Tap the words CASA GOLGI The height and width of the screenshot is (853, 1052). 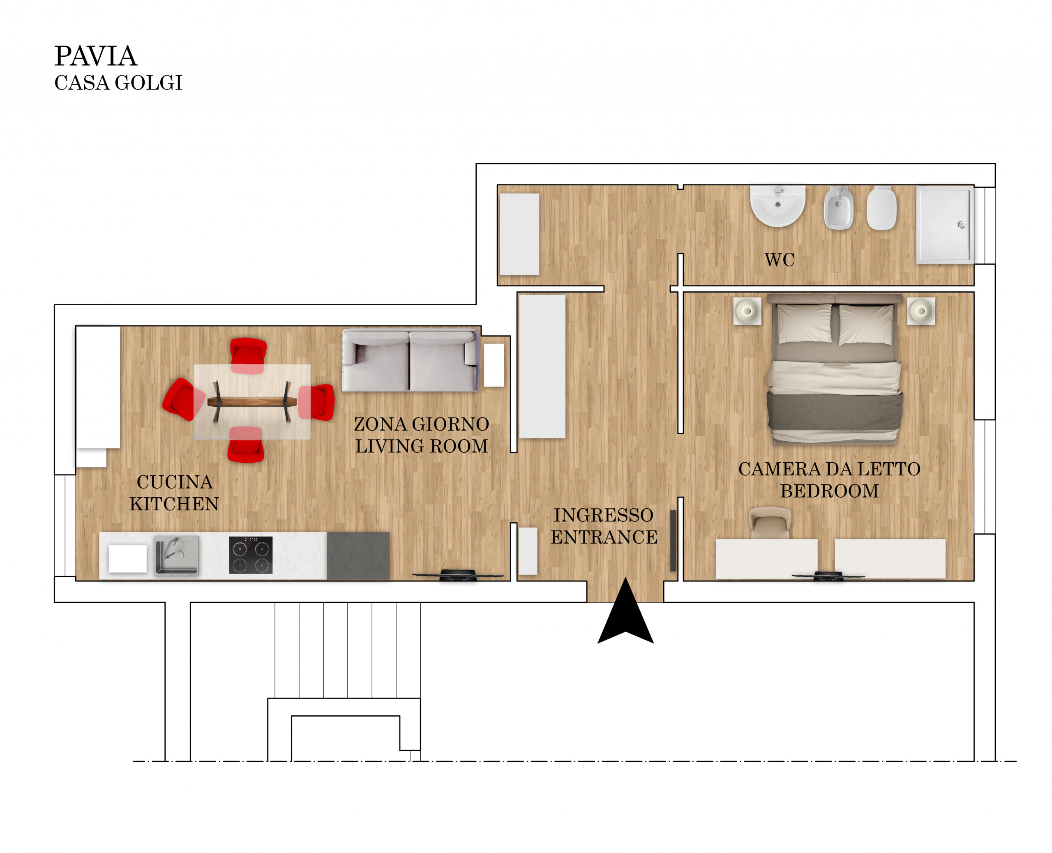tap(118, 83)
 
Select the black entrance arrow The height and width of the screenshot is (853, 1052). tap(625, 611)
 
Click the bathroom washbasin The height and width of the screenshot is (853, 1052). tap(777, 206)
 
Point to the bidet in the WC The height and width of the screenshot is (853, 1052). tap(839, 208)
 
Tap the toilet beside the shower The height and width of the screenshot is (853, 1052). tap(881, 208)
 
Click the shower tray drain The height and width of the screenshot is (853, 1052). tap(961, 225)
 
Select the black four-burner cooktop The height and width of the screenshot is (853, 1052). tap(251, 555)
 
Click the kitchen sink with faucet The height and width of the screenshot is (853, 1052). tap(177, 555)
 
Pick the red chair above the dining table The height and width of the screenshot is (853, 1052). tap(249, 356)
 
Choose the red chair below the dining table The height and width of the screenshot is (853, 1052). tap(246, 444)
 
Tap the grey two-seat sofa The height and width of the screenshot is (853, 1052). tap(410, 360)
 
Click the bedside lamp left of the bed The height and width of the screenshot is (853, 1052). tap(747, 311)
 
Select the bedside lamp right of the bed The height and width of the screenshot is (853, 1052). tap(921, 311)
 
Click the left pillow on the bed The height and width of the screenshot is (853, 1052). tap(804, 323)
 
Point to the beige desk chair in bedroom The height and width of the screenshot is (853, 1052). tap(770, 523)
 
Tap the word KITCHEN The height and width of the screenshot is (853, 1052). tap(174, 504)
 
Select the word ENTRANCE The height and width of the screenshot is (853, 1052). tap(604, 537)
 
